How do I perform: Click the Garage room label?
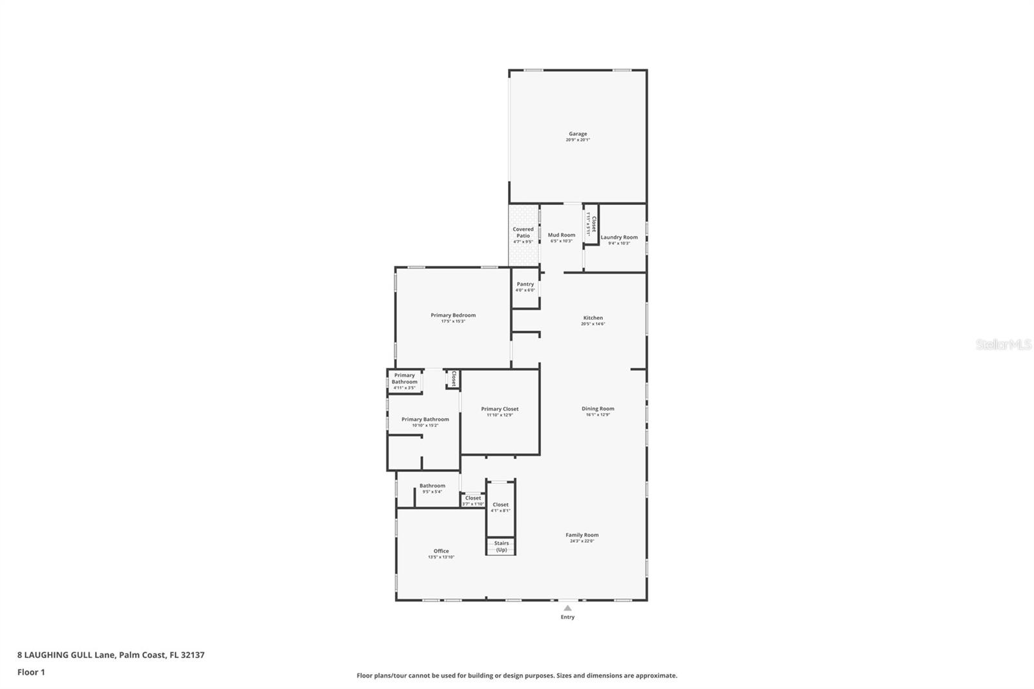[x=578, y=134]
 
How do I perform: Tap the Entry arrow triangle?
[x=567, y=608]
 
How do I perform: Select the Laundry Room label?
[x=619, y=237]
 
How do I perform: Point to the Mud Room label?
[x=561, y=235]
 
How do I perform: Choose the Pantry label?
[x=525, y=284]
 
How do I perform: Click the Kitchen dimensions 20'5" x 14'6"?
[x=593, y=324]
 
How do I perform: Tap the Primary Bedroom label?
[x=453, y=315]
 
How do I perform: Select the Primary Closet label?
[x=500, y=409]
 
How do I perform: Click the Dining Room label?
[x=598, y=408]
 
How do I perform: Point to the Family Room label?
[x=582, y=535]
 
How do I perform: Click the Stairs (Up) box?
[x=501, y=547]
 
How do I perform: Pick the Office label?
[x=441, y=551]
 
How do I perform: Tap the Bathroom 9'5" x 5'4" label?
[x=432, y=489]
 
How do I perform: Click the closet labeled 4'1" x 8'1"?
[x=500, y=507]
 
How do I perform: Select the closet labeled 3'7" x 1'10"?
[x=473, y=500]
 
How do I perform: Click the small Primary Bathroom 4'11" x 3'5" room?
[x=405, y=381]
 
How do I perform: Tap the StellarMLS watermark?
[x=1003, y=344]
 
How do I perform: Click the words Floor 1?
[x=31, y=672]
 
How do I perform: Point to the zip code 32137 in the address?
[x=193, y=655]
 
